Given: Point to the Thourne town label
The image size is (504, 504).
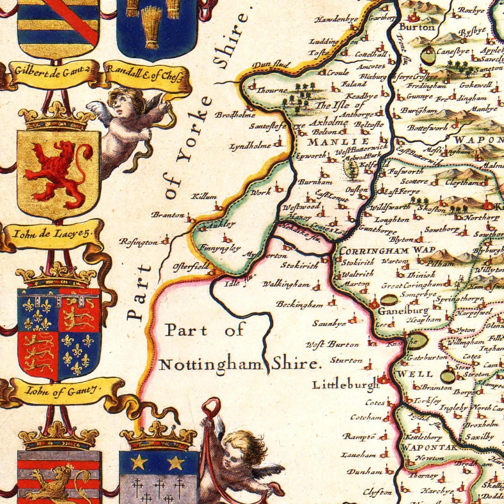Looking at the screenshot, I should click(272, 91).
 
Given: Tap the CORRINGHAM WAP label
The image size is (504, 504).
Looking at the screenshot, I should click(387, 250).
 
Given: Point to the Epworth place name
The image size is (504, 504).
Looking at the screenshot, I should click(311, 156).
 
